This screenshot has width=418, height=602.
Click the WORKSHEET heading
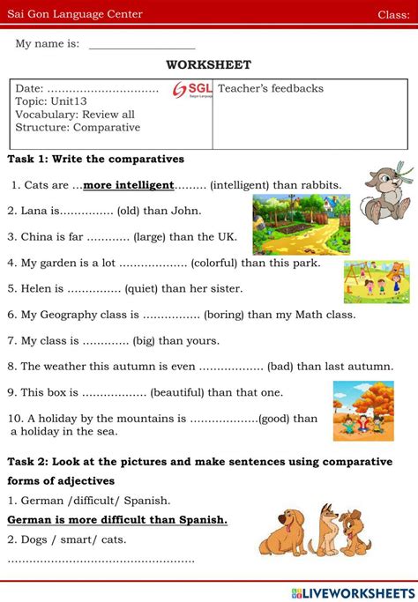coord(208,64)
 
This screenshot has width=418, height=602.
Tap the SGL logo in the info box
coord(191,91)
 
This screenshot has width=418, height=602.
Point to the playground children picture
coord(377,281)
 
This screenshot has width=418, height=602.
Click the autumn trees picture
coord(362,411)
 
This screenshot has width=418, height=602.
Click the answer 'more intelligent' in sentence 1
coord(129,186)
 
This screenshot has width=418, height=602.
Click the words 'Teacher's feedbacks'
coord(271,88)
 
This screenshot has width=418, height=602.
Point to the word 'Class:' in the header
coord(393,14)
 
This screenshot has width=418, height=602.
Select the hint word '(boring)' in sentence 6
coord(224,314)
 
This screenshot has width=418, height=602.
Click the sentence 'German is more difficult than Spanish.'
coord(117,520)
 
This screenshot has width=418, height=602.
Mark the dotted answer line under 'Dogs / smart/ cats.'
coord(101,560)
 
